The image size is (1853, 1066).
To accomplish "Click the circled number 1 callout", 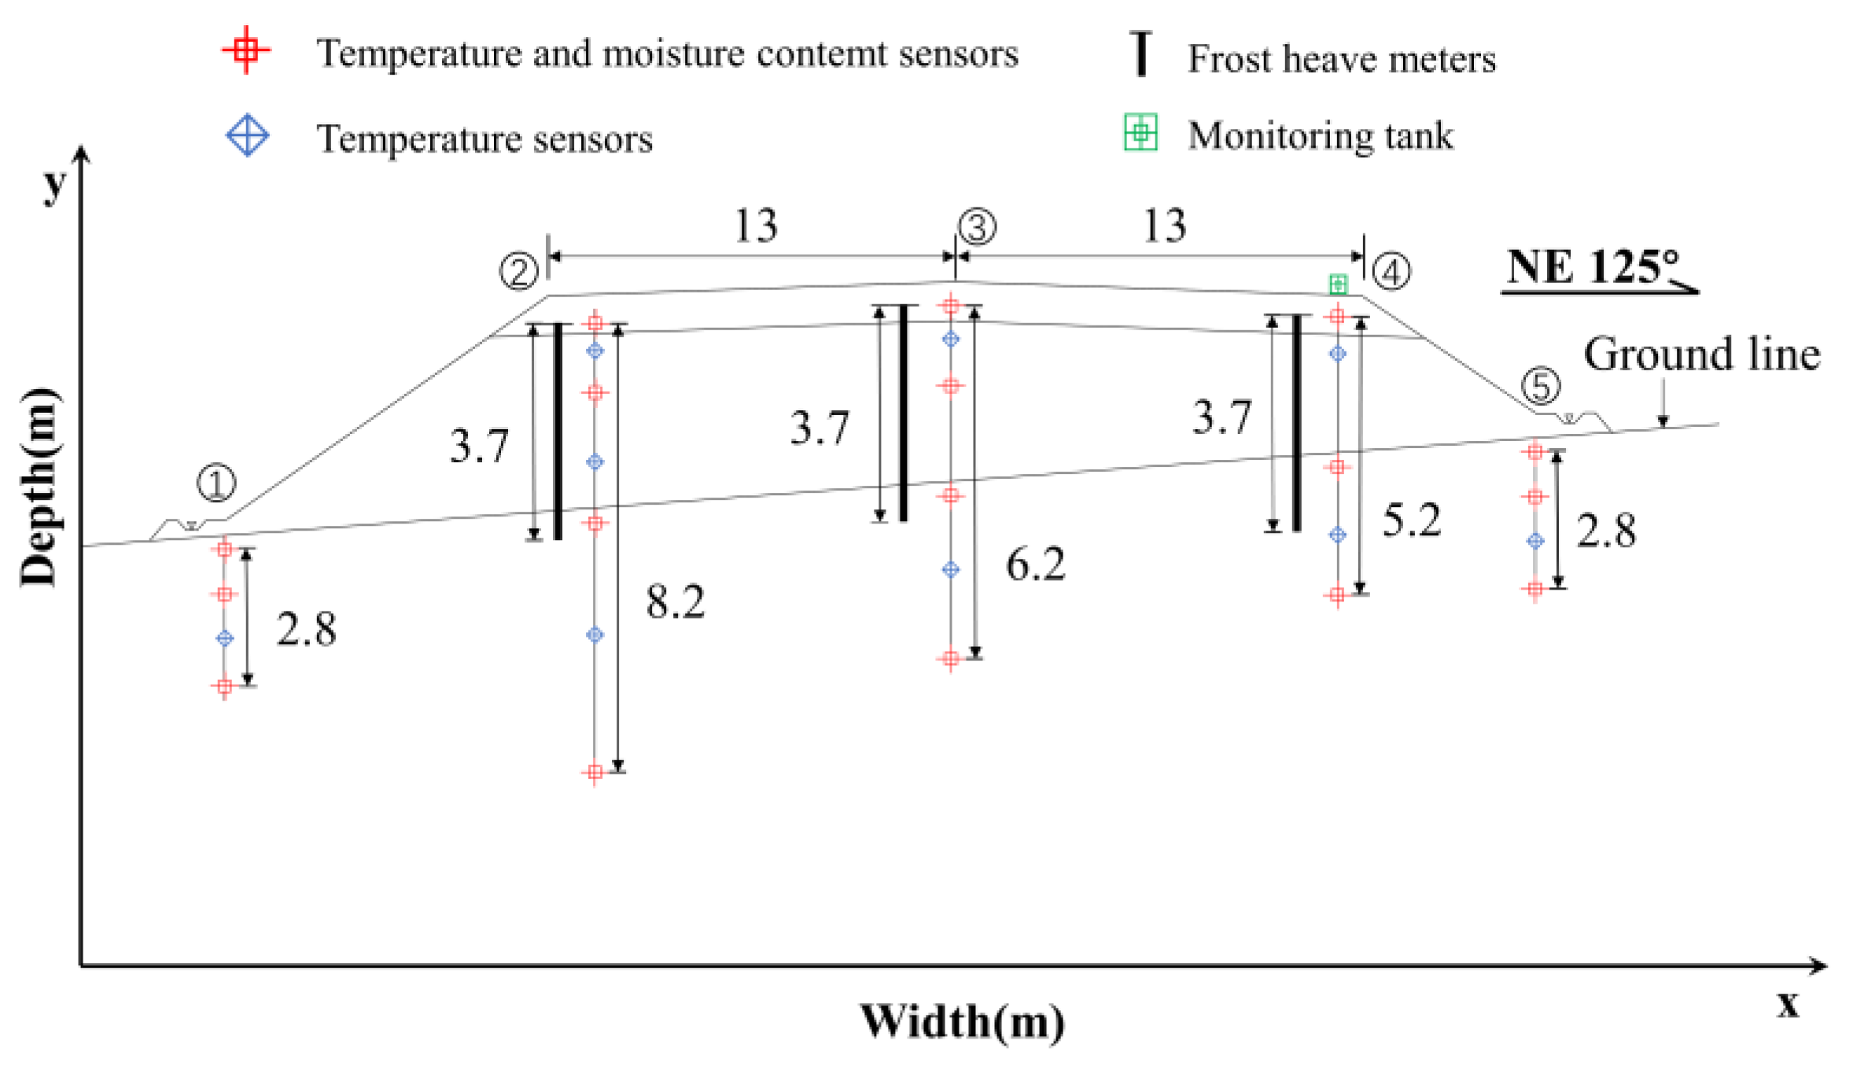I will [216, 483].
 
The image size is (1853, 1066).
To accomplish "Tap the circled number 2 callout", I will [519, 272].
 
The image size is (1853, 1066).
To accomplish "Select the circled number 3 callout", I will [977, 227].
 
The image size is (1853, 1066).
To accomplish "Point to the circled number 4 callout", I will [1391, 272].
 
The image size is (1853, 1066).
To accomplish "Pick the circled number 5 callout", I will [1540, 386].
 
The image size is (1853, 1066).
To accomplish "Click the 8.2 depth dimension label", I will [675, 603].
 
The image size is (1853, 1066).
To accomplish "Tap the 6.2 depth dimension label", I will [1035, 565].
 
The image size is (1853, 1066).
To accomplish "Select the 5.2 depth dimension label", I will [1412, 521].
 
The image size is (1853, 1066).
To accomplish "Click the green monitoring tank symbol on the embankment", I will [1338, 284].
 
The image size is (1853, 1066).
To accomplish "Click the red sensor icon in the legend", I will [246, 50].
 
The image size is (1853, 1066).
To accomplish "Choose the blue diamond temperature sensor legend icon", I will [248, 135].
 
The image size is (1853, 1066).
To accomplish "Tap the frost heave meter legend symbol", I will [1140, 53].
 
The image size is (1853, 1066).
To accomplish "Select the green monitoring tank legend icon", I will [1140, 132].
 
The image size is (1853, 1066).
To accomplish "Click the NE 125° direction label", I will [1593, 267].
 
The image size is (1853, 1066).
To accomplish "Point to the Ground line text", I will [1701, 355].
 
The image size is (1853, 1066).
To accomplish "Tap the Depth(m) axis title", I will [39, 487].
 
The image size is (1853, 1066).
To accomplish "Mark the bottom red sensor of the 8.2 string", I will [595, 773].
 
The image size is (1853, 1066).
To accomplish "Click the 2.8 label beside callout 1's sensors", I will [306, 630].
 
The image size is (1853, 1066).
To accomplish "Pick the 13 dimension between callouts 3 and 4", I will [1164, 226].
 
